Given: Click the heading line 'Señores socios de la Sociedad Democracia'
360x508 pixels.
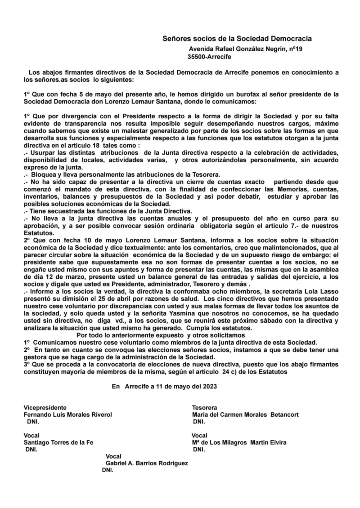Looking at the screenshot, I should (237, 40).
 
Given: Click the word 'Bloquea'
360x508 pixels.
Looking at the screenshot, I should (45, 173).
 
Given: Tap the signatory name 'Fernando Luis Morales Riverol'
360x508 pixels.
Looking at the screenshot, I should (67, 414).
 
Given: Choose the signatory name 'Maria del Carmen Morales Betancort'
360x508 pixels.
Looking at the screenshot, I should (245, 414).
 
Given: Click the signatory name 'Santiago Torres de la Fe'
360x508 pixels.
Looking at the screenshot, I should (58, 442).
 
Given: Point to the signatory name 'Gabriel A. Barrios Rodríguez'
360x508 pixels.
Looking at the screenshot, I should (146, 463).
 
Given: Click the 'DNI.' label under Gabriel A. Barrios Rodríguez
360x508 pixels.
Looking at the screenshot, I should (108, 470).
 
